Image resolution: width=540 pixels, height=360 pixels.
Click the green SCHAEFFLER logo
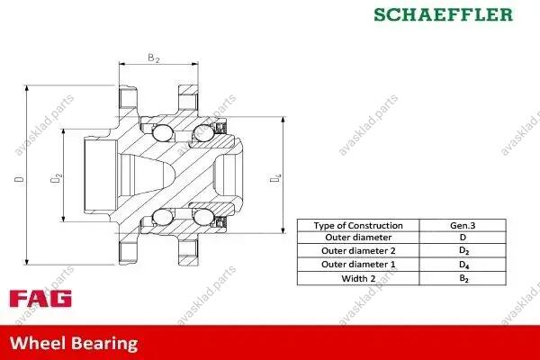[444, 14]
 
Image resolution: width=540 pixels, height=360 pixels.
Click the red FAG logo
[40, 299]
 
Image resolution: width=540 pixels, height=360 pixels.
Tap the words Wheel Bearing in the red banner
[74, 344]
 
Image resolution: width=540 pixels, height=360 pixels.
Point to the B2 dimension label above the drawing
[154, 58]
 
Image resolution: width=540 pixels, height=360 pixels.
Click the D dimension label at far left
[19, 179]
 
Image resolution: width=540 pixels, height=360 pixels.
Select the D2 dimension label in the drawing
[56, 178]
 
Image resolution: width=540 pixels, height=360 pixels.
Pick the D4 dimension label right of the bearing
[275, 178]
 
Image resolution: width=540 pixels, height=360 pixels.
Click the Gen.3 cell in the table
[463, 226]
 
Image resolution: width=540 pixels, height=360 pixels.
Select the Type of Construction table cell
[358, 226]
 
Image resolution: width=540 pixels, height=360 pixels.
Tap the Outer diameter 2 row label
[358, 251]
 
